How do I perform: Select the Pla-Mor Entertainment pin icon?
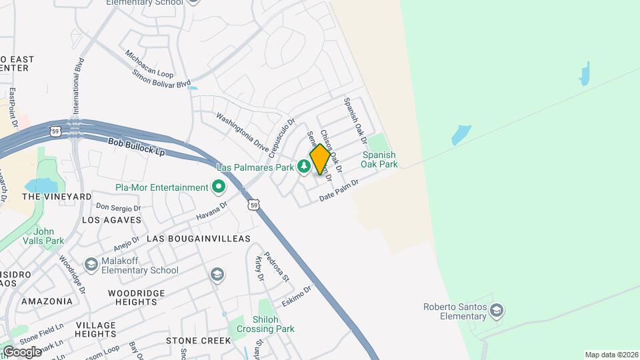tap(218, 188)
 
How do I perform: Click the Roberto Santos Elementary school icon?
tap(496, 310)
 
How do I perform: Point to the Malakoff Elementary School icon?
tap(91, 265)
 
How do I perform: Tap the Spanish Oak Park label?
tap(380, 159)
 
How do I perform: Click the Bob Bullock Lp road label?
tap(136, 147)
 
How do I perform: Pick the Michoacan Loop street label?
tap(149, 59)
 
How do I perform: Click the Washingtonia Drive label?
tap(241, 131)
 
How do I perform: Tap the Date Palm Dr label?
tap(339, 189)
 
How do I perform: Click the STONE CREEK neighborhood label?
tap(198, 341)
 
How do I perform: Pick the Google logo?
tap(22, 352)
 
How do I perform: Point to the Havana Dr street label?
tap(212, 212)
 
